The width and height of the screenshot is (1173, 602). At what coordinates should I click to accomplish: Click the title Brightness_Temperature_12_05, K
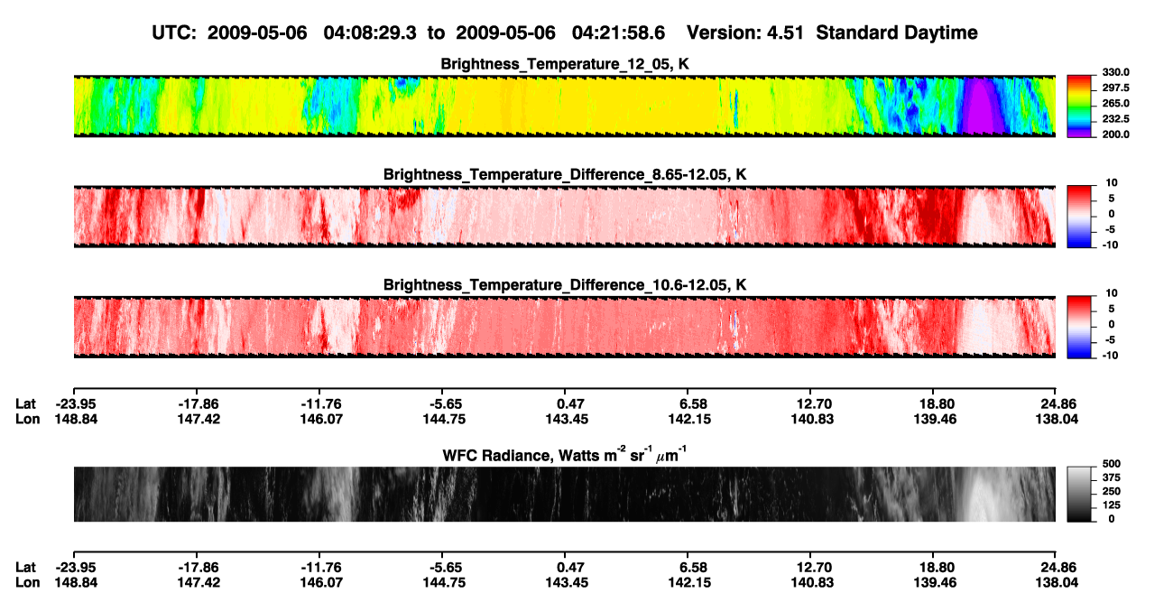[565, 64]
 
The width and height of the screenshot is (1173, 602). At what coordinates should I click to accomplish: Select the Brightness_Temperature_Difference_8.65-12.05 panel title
[565, 174]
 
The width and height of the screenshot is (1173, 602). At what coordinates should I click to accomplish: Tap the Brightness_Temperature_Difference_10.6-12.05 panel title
[565, 285]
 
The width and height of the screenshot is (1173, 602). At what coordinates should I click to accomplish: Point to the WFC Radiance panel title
[565, 455]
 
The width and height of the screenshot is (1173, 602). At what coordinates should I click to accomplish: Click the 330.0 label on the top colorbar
[1115, 72]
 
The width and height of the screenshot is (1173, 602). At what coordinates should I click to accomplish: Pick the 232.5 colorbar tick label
[1115, 119]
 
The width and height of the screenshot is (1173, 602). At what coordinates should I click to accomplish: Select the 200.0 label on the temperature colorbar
[1115, 134]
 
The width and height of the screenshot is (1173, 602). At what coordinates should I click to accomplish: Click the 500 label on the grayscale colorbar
[1112, 464]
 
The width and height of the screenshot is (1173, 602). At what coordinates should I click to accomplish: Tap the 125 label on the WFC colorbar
[1112, 505]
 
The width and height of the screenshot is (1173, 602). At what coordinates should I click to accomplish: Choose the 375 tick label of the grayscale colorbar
[1112, 477]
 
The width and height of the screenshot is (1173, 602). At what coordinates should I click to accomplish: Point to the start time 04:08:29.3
[370, 32]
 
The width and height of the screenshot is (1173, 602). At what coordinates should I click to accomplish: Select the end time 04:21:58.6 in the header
[618, 32]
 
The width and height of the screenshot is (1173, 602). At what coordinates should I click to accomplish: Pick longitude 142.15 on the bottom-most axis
[689, 583]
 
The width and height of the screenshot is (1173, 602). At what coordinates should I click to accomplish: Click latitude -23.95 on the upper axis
[76, 404]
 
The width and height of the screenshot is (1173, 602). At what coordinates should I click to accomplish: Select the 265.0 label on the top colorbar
[1115, 103]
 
